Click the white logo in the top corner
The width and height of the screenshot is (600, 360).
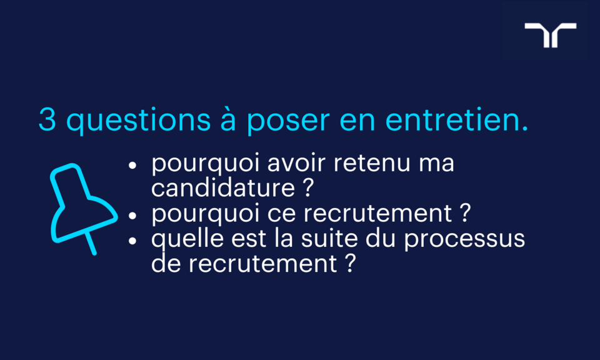tap(550, 35)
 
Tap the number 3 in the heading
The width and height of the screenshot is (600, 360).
tap(47, 120)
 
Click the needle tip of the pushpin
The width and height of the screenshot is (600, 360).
tap(94, 252)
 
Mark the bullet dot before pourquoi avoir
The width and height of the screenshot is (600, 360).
tap(132, 166)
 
